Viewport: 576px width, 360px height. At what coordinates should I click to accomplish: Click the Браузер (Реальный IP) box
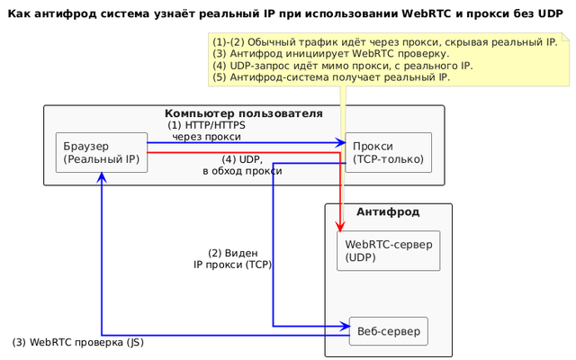coord(101,153)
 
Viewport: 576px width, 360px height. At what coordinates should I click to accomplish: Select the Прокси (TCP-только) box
coord(388,153)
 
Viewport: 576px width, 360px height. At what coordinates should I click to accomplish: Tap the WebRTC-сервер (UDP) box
coord(388,250)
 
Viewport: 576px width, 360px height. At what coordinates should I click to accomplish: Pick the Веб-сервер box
coord(388,331)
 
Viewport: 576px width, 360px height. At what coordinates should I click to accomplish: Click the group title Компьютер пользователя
coord(243,113)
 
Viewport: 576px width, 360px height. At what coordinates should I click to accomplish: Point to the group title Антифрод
coord(387,211)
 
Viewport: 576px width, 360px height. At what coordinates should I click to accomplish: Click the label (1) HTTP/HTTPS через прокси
coord(206,131)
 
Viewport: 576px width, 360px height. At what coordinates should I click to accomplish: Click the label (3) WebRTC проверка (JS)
coord(78,343)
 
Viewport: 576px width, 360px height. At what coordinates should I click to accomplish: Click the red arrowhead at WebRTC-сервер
coord(340,226)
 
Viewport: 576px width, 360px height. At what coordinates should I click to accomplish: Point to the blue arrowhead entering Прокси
coord(341,142)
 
